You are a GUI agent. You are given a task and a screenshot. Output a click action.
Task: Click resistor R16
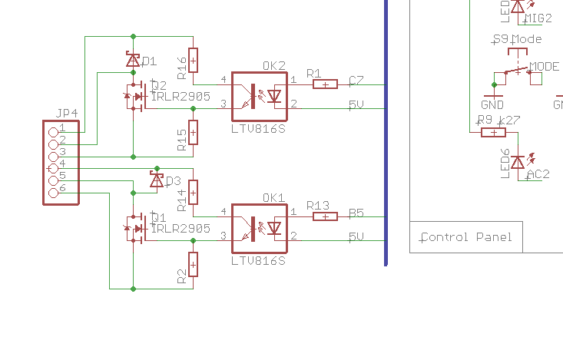pos(193,59)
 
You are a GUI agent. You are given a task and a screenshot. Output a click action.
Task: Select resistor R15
pos(193,133)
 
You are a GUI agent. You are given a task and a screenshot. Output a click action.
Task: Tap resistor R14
pos(193,191)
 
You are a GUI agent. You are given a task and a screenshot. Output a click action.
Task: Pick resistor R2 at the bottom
pos(193,264)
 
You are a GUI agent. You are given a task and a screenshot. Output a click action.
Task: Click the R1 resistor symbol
pos(325,84)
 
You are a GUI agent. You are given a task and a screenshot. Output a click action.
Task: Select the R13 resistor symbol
pos(325,216)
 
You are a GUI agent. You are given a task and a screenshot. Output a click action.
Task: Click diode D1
pos(133,59)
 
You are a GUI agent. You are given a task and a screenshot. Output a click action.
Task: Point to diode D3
pos(157,180)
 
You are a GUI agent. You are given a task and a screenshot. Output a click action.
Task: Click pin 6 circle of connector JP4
pos(54,192)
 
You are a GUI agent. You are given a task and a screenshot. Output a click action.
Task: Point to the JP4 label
pos(67,114)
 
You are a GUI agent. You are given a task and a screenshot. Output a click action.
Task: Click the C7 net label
pos(356,81)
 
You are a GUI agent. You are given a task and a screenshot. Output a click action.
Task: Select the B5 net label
pos(356,213)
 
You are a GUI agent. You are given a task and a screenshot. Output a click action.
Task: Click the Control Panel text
pos(466,237)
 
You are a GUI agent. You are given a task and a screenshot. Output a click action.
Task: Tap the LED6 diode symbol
pos(518,162)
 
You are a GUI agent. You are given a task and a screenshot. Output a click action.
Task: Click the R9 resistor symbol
pos(492,133)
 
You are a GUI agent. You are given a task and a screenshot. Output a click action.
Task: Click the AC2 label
pos(538,174)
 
